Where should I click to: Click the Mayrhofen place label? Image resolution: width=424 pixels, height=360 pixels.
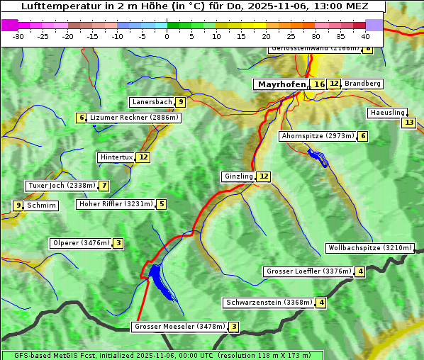(x=281, y=84)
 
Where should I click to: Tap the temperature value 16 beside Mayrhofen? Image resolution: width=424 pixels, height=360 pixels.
(x=319, y=84)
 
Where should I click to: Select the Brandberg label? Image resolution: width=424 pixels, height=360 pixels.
(x=362, y=84)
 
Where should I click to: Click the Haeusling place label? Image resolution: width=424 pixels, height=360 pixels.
(x=387, y=113)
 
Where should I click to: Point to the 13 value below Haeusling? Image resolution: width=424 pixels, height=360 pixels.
(x=408, y=123)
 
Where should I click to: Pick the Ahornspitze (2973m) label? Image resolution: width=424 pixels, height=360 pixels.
(x=317, y=135)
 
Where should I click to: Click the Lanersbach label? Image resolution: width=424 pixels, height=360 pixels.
(x=152, y=102)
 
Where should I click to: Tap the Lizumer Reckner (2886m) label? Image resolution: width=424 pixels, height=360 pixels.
(x=133, y=118)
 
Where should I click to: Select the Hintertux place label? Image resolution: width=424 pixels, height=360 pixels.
(x=116, y=157)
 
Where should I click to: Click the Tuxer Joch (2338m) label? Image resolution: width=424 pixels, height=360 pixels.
(x=61, y=186)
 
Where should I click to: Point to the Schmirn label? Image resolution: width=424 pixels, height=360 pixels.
(x=41, y=206)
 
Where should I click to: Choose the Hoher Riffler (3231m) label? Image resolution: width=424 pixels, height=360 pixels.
(x=116, y=204)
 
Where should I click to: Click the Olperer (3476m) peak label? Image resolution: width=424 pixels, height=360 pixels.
(x=82, y=243)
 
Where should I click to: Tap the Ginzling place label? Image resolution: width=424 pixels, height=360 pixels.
(x=238, y=176)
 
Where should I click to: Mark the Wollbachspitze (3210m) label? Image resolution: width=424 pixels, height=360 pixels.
(x=369, y=248)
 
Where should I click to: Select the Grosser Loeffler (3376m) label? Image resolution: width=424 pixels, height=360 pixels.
(x=308, y=271)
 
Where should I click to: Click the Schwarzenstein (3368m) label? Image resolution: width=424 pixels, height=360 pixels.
(x=269, y=303)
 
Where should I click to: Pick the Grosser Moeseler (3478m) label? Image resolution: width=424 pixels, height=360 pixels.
(x=179, y=327)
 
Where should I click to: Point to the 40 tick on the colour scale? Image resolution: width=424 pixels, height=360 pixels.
(x=365, y=35)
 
